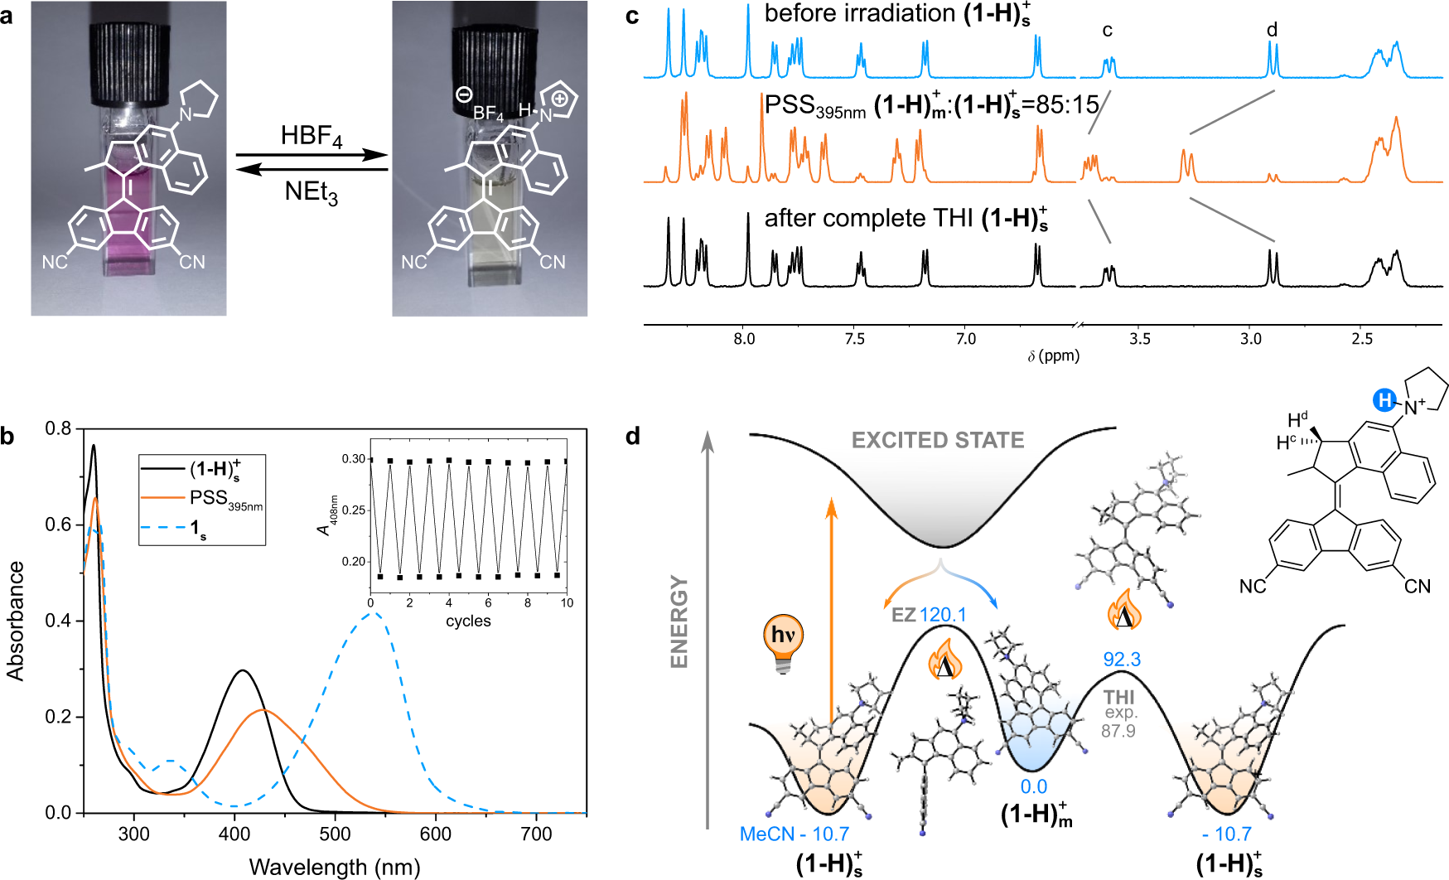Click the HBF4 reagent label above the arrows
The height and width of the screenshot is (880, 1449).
coord(311,137)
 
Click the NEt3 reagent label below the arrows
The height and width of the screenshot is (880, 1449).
coord(311,193)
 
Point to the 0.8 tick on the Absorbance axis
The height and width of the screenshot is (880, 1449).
coord(58,429)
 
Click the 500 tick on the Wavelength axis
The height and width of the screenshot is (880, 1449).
coord(336,834)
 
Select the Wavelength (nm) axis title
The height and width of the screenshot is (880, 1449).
coord(335,867)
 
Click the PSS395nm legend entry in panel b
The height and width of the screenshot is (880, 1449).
coord(225,499)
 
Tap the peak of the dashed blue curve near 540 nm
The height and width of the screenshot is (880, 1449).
coord(374,613)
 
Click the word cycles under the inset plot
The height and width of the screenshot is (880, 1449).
coord(468,621)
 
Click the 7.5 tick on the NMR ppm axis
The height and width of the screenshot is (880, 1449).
coord(855,338)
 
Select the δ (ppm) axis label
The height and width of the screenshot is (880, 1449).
coord(1053,356)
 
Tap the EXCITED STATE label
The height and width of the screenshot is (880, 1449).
coord(938,440)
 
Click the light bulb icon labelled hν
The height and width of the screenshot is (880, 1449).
coord(783,642)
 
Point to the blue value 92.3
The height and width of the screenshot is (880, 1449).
coord(1122,660)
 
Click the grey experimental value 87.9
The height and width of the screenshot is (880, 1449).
coord(1118,731)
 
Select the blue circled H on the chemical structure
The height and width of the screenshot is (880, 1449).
coord(1384,401)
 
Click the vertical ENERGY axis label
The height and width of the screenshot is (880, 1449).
coord(680,621)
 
